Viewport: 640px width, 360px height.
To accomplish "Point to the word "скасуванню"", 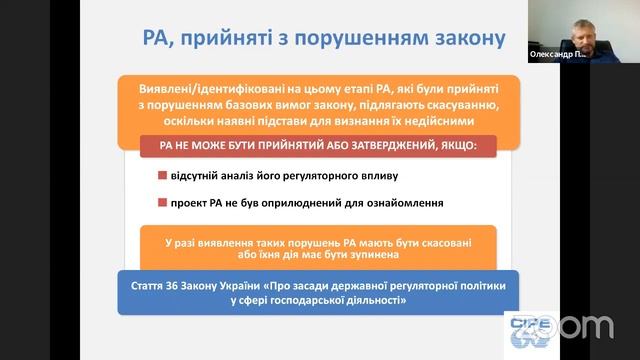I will [x=448, y=104].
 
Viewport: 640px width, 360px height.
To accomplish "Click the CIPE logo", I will [x=523, y=329].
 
